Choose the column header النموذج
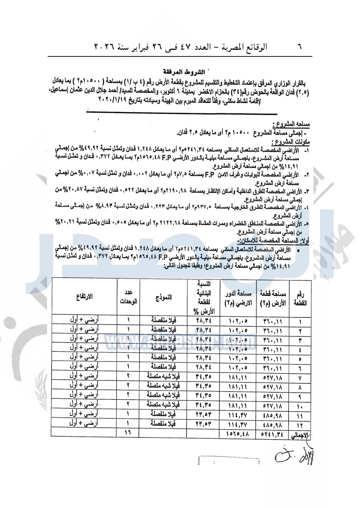coord(163,297)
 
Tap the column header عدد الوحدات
coord(128,297)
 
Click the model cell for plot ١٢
coord(163,424)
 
